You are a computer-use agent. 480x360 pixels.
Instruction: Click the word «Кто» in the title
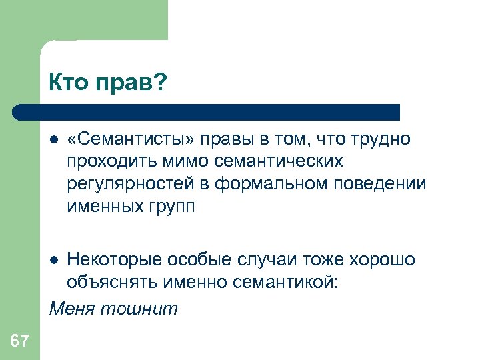(68, 83)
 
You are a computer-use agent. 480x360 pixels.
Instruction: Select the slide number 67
(19, 342)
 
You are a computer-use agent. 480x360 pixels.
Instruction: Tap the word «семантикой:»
(289, 282)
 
